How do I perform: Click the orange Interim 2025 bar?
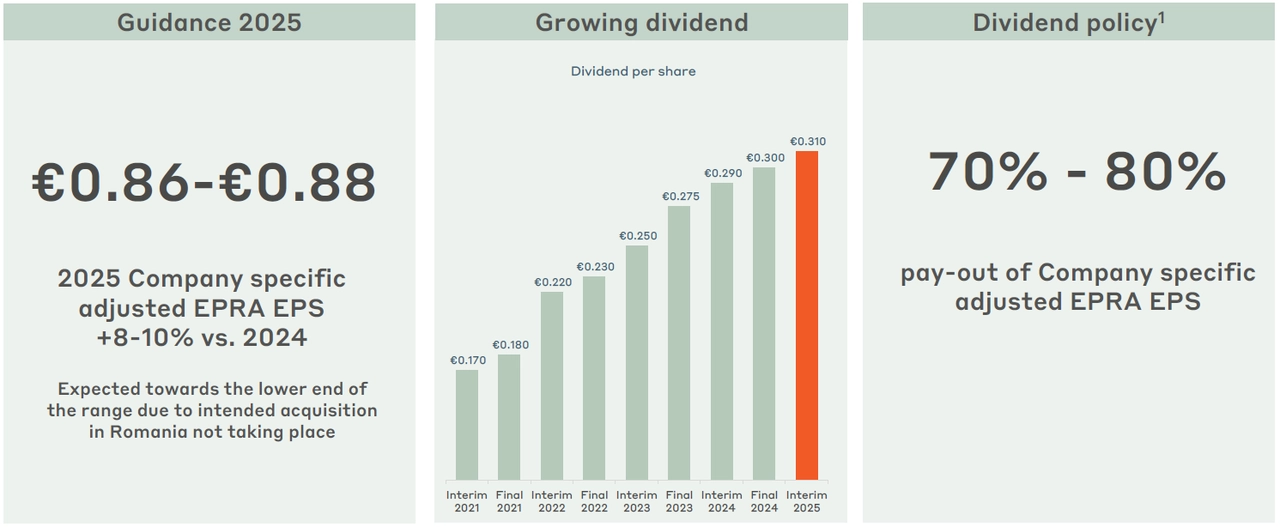tap(806, 315)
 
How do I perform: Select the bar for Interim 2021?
tap(467, 424)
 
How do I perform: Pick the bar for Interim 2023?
tap(636, 362)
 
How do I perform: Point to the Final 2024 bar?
tap(764, 323)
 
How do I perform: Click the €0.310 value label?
tap(807, 142)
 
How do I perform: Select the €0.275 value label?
tap(680, 196)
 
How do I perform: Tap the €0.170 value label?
tap(467, 360)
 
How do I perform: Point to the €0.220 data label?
tap(552, 282)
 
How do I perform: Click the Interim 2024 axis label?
tap(721, 501)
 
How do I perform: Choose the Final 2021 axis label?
tap(509, 501)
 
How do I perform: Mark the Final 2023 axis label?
tap(679, 501)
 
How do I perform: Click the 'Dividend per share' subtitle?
tap(633, 72)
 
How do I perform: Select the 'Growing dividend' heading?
tap(641, 23)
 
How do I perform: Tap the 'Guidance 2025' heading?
tap(209, 23)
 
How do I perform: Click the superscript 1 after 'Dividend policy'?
tap(1161, 17)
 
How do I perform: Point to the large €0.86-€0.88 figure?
tap(204, 183)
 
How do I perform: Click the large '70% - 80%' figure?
tap(1077, 172)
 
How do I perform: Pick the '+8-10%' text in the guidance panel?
tap(144, 338)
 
